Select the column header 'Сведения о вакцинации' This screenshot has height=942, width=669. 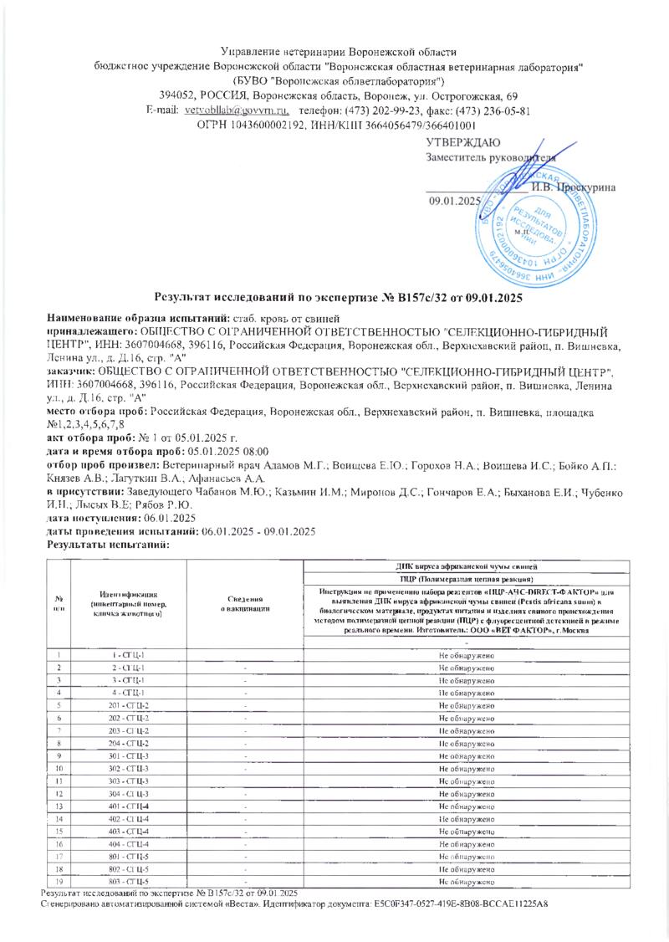point(246,604)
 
